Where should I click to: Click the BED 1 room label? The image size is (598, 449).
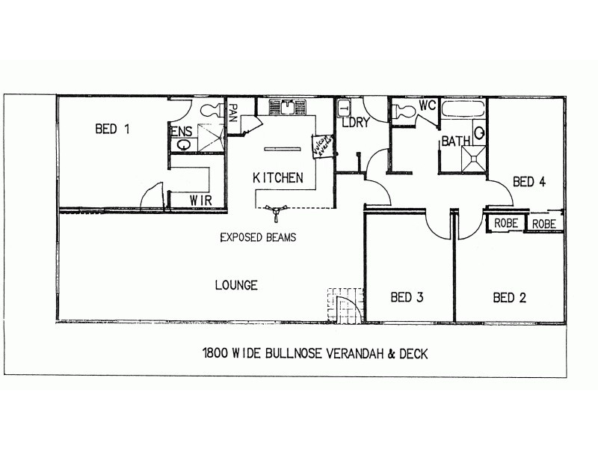pyautogui.click(x=112, y=129)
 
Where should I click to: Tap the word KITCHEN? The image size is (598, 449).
pyautogui.click(x=277, y=177)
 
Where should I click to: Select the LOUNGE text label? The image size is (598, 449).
pyautogui.click(x=236, y=285)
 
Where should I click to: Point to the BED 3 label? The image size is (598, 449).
pyautogui.click(x=407, y=298)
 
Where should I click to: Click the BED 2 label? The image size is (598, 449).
pyautogui.click(x=510, y=298)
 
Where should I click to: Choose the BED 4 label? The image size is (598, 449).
pyautogui.click(x=529, y=181)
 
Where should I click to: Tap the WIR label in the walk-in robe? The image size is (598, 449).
pyautogui.click(x=199, y=201)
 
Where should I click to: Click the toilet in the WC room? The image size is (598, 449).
pyautogui.click(x=404, y=112)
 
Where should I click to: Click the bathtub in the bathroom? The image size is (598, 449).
pyautogui.click(x=463, y=110)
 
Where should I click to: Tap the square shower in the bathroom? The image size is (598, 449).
pyautogui.click(x=473, y=157)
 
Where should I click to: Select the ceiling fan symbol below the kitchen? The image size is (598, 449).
pyautogui.click(x=277, y=213)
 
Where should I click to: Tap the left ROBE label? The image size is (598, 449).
pyautogui.click(x=506, y=223)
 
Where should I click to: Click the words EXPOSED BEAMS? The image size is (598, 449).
pyautogui.click(x=258, y=238)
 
